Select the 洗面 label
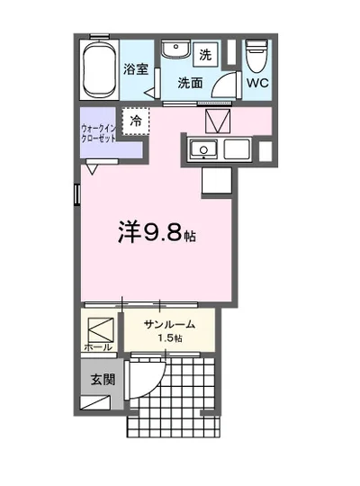[x=190, y=84]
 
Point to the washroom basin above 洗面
[x=175, y=50]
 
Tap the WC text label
[x=257, y=84]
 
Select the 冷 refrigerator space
[x=136, y=121]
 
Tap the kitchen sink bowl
[x=204, y=149]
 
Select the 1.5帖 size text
[x=169, y=337]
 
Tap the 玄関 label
[x=102, y=379]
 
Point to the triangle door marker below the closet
[x=92, y=166]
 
